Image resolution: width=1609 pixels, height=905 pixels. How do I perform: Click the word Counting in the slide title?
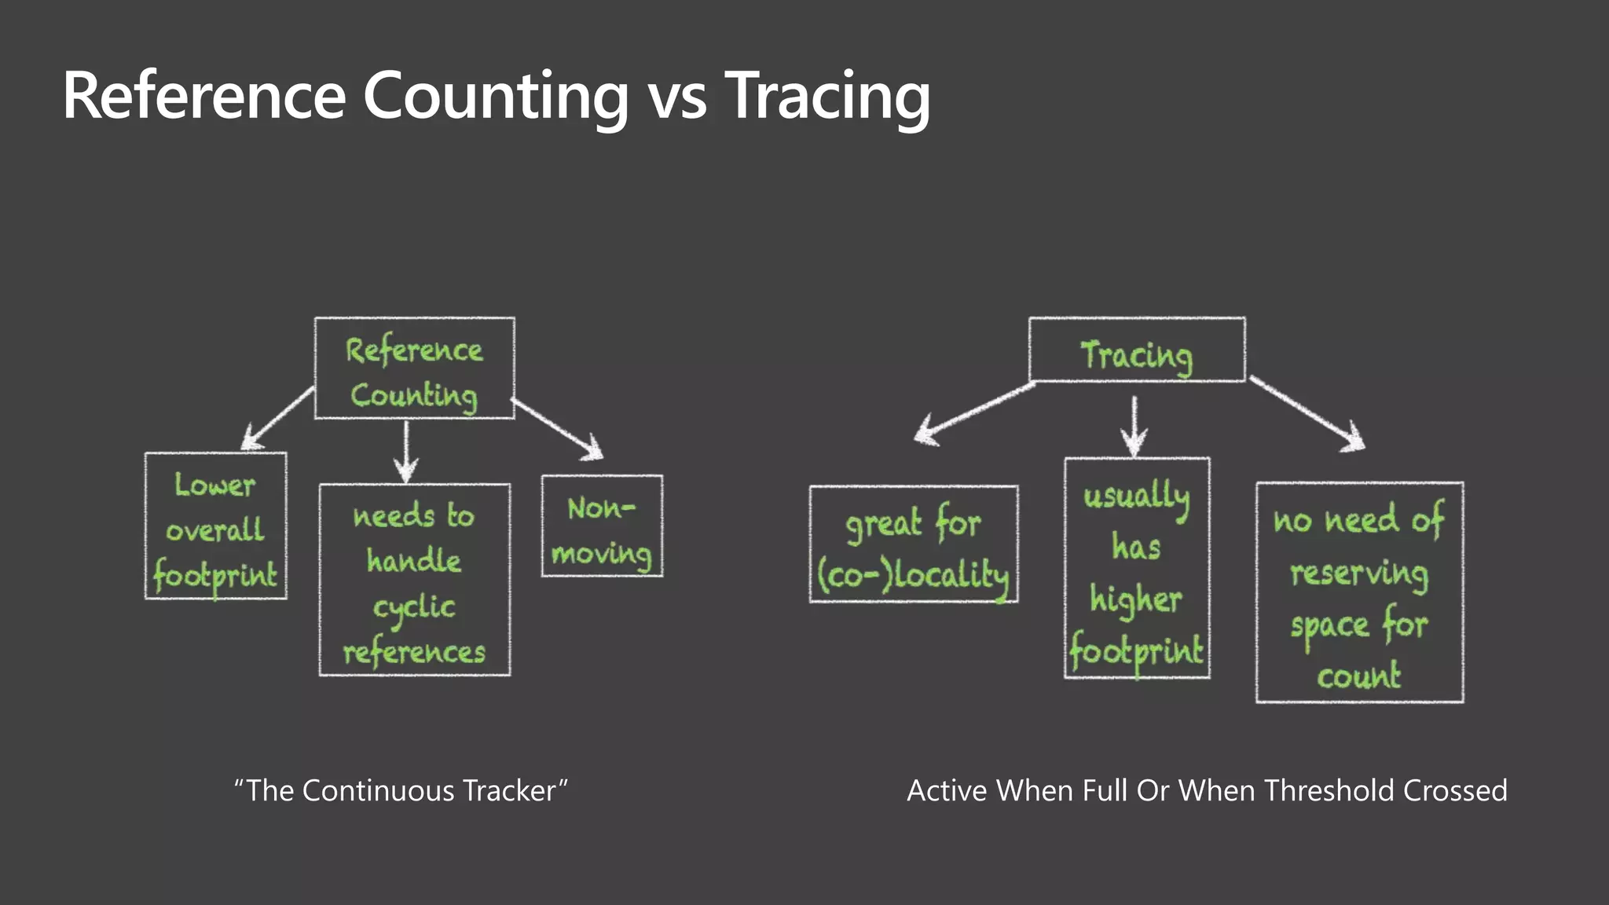click(495, 96)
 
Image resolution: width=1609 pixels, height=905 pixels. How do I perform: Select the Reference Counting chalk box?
click(414, 368)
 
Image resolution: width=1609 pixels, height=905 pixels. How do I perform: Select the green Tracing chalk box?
click(1137, 350)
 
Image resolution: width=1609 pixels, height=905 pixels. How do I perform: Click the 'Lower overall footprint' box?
click(216, 526)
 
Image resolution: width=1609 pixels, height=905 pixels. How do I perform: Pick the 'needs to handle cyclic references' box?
click(414, 580)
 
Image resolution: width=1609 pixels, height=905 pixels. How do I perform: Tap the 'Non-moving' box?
click(602, 526)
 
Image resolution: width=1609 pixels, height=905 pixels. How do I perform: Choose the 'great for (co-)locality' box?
click(914, 544)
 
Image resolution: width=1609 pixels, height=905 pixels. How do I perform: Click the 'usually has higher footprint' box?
click(1137, 568)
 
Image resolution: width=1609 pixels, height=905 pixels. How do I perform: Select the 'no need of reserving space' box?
click(1359, 592)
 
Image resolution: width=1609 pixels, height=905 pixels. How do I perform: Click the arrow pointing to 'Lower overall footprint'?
click(277, 418)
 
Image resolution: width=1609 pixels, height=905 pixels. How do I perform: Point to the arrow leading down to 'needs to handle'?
click(405, 451)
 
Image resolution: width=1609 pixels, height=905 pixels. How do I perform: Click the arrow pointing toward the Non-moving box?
click(558, 429)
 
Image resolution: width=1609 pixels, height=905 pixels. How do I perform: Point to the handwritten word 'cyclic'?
click(414, 607)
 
